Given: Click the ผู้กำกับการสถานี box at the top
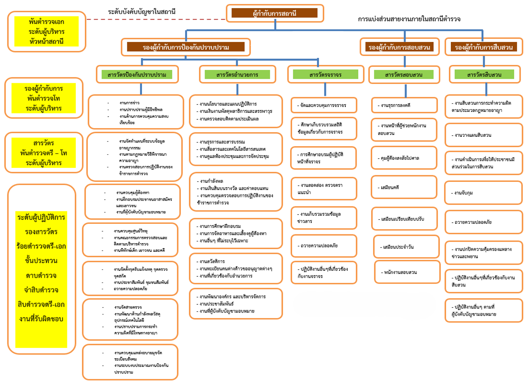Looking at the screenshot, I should click(x=275, y=13).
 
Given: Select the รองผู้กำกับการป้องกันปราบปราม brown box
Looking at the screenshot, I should click(x=186, y=47).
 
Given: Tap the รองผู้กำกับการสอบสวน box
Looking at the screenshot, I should click(x=399, y=47).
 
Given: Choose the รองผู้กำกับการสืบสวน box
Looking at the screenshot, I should click(x=483, y=47).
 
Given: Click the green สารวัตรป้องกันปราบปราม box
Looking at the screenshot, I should click(x=137, y=74).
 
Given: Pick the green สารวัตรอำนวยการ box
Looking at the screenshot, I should click(x=237, y=74).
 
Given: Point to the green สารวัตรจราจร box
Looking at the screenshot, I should click(x=326, y=74).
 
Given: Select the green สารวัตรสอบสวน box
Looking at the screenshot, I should click(x=404, y=74).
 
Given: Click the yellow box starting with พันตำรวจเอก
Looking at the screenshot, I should click(x=46, y=31).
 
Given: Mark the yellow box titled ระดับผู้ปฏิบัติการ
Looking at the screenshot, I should click(x=41, y=268).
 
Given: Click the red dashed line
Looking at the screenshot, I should click(x=156, y=19).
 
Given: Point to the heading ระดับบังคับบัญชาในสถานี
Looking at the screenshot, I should click(x=142, y=12).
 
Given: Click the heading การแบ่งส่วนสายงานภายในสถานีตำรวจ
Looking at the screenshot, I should click(x=409, y=19).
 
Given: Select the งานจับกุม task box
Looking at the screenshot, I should click(x=483, y=193).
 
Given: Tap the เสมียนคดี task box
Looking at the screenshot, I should click(x=404, y=187).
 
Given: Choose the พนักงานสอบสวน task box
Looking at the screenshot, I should click(x=407, y=272).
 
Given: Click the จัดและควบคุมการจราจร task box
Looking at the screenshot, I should click(x=324, y=105).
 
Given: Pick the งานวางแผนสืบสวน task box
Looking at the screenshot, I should click(x=483, y=135).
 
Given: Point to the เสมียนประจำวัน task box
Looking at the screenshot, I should click(x=406, y=247).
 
